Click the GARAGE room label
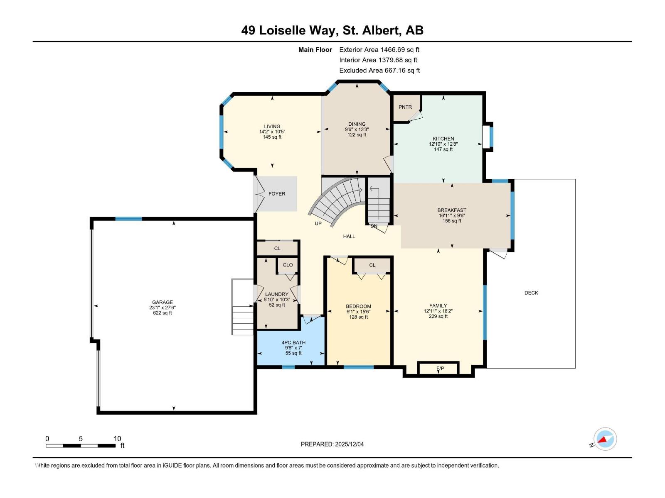[x=162, y=303]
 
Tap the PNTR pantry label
[x=405, y=107]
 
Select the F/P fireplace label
[x=440, y=368]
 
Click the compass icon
[x=605, y=439]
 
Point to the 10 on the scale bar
[x=117, y=439]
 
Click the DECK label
[x=531, y=293]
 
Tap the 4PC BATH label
[x=293, y=343]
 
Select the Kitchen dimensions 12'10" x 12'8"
[x=443, y=144]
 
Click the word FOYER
[x=277, y=194]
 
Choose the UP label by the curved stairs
[x=318, y=224]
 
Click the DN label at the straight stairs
[x=374, y=226]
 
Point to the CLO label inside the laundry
[x=288, y=265]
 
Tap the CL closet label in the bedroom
[x=372, y=265]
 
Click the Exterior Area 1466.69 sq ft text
[x=379, y=49]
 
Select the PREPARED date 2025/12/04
[x=332, y=444]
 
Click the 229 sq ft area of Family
[x=438, y=316]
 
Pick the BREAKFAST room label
[x=452, y=210]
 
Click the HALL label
[x=349, y=237]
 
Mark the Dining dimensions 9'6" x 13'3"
[x=357, y=129]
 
